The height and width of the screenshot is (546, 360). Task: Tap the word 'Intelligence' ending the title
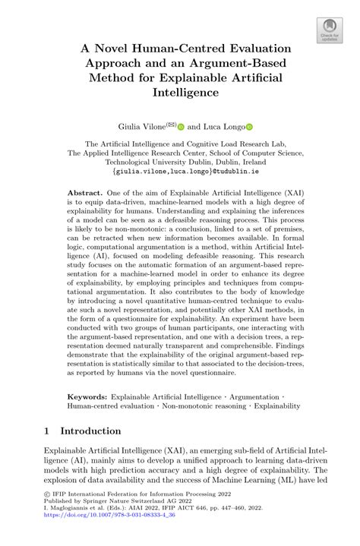click(x=180, y=92)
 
